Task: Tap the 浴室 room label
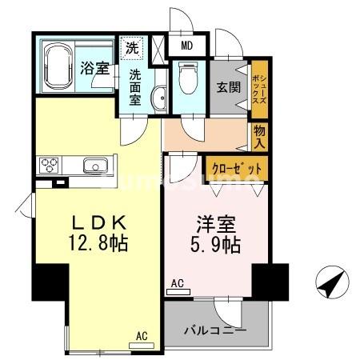pos(94,69)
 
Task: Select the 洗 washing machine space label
pos(131,46)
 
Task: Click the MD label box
pos(186,46)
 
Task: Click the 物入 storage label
pos(259,137)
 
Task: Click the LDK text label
pos(90,221)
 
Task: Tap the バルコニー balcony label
pos(215,329)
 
